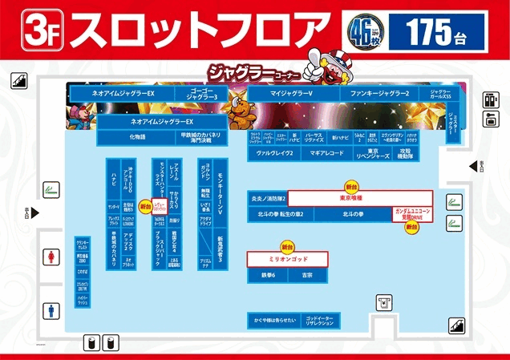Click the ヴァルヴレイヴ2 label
click(274, 152)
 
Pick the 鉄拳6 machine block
click(268, 275)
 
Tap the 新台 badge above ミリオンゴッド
click(287, 246)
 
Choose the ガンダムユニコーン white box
click(412, 214)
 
